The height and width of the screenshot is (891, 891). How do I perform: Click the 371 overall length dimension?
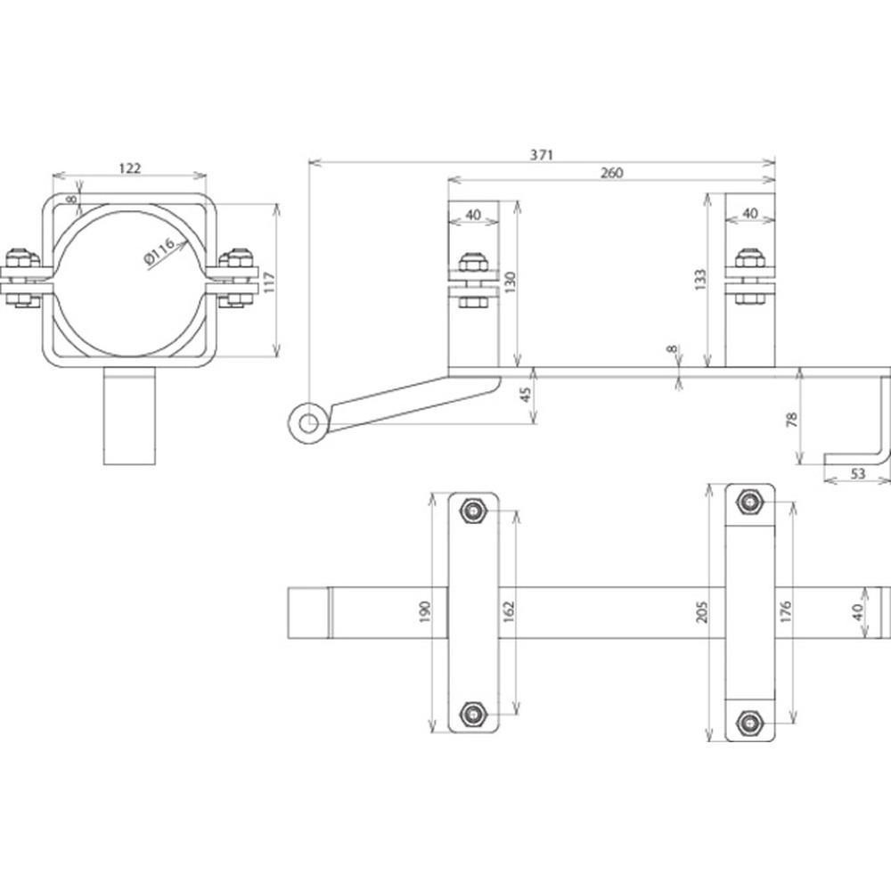[541, 154]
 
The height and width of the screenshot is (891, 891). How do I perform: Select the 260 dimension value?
[611, 172]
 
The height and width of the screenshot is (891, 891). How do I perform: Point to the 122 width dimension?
[129, 168]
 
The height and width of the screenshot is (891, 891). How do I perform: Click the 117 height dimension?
[269, 282]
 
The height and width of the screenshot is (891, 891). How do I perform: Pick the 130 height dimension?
[510, 282]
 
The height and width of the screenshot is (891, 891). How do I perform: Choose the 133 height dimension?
[699, 280]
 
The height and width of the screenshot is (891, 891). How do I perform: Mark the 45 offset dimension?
[526, 395]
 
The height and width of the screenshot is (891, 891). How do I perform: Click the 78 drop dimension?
[791, 420]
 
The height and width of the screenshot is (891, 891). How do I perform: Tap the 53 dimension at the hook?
[858, 473]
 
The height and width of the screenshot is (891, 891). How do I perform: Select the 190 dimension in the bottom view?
[424, 611]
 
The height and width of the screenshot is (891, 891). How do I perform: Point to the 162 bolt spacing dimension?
[509, 611]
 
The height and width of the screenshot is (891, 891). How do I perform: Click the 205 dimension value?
[702, 611]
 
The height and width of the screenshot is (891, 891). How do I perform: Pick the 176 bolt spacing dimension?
[786, 611]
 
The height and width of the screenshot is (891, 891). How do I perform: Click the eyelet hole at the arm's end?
[308, 422]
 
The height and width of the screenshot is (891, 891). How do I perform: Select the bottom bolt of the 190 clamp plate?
[473, 713]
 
